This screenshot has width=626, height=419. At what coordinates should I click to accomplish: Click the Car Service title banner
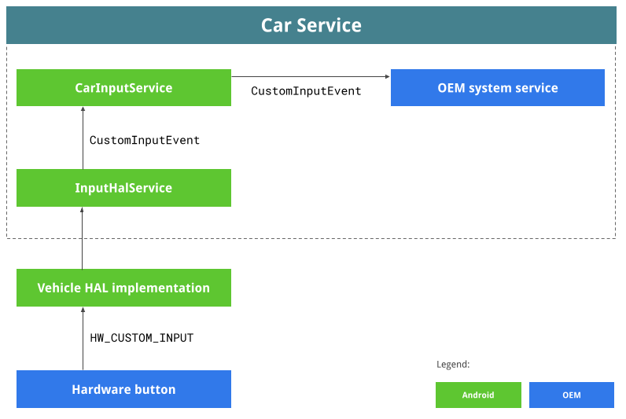[311, 25]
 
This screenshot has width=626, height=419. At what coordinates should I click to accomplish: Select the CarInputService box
[123, 87]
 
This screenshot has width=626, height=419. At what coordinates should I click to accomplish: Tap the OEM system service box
[498, 87]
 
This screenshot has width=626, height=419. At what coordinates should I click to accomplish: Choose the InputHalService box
[123, 188]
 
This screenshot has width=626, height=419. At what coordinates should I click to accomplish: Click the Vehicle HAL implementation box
[123, 288]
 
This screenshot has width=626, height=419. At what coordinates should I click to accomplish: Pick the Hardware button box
[123, 389]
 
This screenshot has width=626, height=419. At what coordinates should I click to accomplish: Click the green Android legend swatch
[478, 395]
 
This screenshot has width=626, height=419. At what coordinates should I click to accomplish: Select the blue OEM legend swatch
[572, 395]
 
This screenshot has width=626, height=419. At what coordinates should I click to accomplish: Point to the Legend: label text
[453, 365]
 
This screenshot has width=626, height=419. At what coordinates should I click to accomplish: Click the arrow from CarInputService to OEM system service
[311, 77]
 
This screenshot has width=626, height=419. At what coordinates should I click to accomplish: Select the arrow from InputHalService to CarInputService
[83, 138]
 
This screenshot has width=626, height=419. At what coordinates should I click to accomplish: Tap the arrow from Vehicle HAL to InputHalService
[83, 237]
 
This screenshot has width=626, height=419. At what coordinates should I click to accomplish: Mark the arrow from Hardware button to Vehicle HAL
[83, 338]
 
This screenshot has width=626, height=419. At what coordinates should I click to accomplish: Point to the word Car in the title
[276, 25]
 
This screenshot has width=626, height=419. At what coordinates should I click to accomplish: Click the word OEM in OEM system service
[451, 88]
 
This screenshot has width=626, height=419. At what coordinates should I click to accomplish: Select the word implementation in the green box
[161, 289]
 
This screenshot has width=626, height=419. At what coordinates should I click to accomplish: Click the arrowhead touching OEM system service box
[387, 77]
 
